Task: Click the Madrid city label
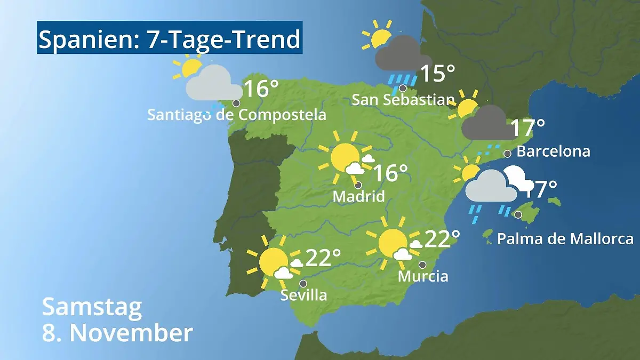pyautogui.click(x=358, y=196)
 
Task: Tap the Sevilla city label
pyautogui.click(x=303, y=295)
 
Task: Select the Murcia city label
pyautogui.click(x=423, y=276)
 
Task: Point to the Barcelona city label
pyautogui.click(x=554, y=151)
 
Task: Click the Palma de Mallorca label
pyautogui.click(x=565, y=238)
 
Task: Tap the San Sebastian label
pyautogui.click(x=404, y=100)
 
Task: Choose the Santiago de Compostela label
pyautogui.click(x=237, y=115)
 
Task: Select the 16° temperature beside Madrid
pyautogui.click(x=390, y=173)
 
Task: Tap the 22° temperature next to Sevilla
pyautogui.click(x=323, y=258)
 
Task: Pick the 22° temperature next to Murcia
pyautogui.click(x=442, y=239)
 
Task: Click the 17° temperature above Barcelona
pyautogui.click(x=527, y=127)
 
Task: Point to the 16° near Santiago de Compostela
pyautogui.click(x=261, y=89)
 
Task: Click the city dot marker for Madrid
pyautogui.click(x=358, y=185)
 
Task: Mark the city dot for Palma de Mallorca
pyautogui.click(x=517, y=214)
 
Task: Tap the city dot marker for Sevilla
pyautogui.click(x=303, y=284)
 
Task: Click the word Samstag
pyautogui.click(x=92, y=308)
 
